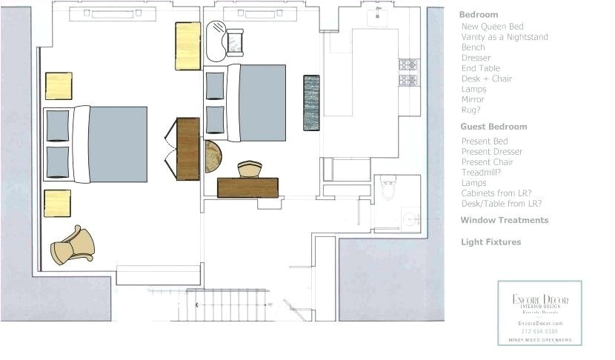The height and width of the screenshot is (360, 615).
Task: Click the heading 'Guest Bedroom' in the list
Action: [493, 127]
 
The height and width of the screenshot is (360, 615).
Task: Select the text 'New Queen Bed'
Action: [492, 27]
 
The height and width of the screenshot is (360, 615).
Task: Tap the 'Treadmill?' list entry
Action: [485, 173]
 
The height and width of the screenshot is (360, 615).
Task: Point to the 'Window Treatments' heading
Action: [504, 220]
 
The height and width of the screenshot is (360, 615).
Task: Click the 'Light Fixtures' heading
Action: [491, 242]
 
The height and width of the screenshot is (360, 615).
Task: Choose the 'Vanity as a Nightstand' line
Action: [504, 37]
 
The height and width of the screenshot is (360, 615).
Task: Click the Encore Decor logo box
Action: [539, 312]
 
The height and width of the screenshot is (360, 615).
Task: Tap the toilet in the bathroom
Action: [388, 188]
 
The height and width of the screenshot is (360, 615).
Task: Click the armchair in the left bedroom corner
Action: [73, 244]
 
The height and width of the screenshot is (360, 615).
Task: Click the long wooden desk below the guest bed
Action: [247, 187]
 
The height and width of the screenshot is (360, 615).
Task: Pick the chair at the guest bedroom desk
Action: [250, 169]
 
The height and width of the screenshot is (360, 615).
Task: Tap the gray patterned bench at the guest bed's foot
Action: [311, 101]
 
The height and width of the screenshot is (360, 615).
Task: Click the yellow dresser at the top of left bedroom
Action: [187, 46]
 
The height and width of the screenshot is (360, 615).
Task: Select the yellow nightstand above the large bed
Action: [59, 86]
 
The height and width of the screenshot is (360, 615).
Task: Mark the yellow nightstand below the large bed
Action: [57, 203]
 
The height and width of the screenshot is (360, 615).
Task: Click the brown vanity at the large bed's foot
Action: [187, 148]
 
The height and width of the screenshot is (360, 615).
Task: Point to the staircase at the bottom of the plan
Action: [227, 304]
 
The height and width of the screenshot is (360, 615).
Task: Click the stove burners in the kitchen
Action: [408, 72]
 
